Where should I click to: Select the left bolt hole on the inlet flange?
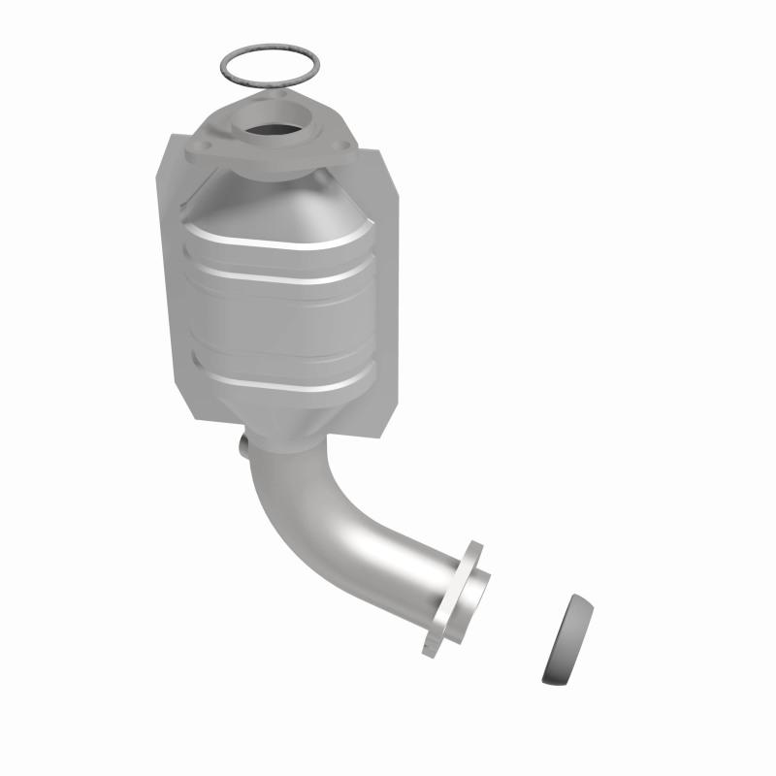point(206,147)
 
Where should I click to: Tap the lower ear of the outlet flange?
point(433,643)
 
